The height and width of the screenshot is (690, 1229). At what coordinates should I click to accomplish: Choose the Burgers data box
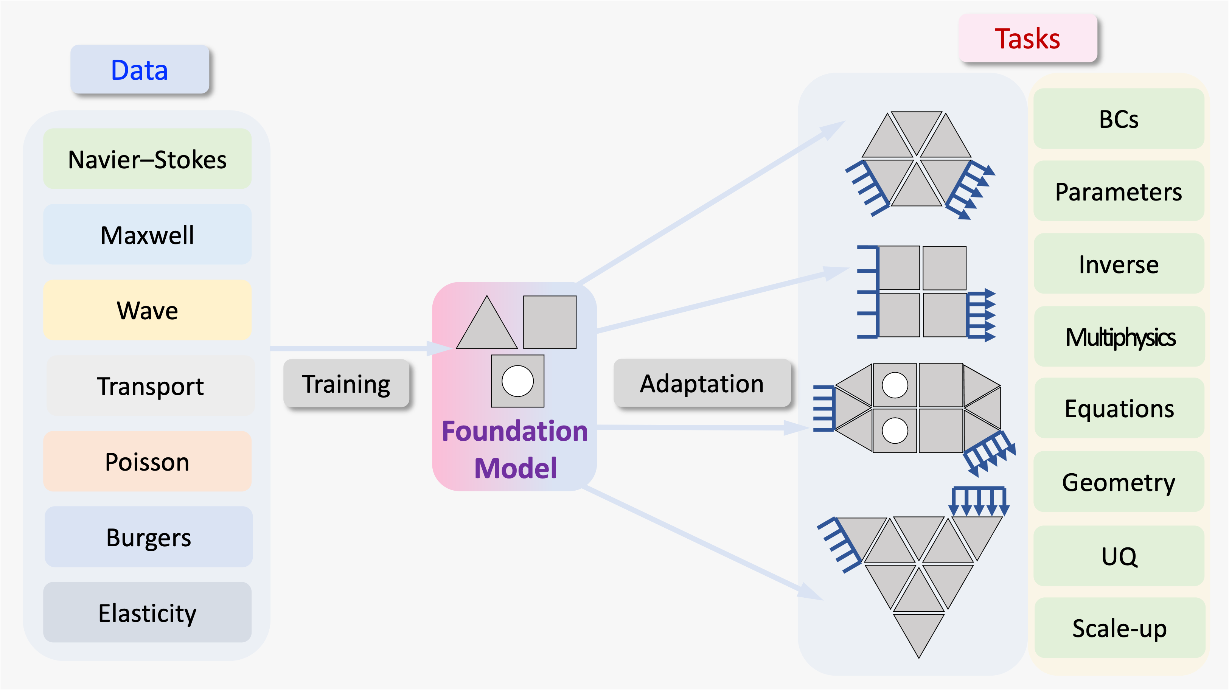click(148, 537)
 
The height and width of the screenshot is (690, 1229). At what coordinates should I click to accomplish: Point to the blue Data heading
click(139, 70)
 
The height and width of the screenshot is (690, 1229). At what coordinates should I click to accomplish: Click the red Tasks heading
click(1027, 38)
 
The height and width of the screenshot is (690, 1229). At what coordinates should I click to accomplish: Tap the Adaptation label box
click(701, 383)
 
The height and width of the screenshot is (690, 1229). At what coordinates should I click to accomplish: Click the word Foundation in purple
click(514, 431)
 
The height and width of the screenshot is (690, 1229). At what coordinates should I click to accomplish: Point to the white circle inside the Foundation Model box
click(517, 381)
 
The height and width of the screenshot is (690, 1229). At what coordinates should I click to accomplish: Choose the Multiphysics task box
click(1119, 337)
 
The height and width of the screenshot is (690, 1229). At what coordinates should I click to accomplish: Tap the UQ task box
click(1119, 556)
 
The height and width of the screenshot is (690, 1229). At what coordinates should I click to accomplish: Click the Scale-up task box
click(1119, 628)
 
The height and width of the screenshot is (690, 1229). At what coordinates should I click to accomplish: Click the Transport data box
click(150, 385)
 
